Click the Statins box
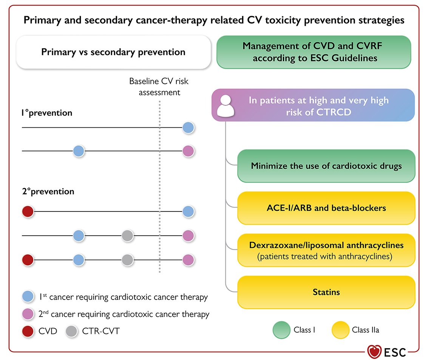[x=326, y=292]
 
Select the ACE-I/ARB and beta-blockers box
[x=326, y=208]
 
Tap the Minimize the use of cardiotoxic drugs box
[x=326, y=166]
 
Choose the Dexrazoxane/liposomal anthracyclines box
[x=326, y=250]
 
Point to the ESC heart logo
[x=374, y=352]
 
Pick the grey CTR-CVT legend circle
[x=71, y=331]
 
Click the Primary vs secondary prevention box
[x=113, y=52]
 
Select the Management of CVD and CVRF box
[x=314, y=52]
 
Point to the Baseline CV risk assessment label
[x=159, y=87]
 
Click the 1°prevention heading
[x=47, y=113]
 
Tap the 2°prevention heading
[x=48, y=191]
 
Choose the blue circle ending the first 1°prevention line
[x=188, y=128]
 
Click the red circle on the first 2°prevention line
[x=28, y=212]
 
